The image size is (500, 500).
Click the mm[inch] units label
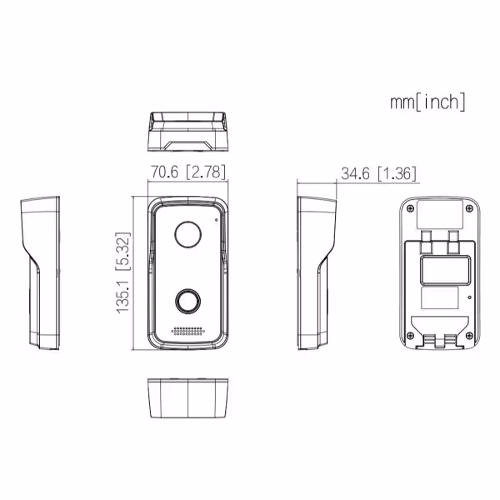pyautogui.click(x=427, y=102)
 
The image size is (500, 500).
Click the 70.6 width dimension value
pyautogui.click(x=164, y=172)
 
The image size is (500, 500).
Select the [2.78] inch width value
pyautogui.click(x=206, y=172)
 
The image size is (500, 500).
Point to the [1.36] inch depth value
pyautogui.click(x=397, y=174)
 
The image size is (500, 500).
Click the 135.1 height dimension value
pyautogui.click(x=123, y=297)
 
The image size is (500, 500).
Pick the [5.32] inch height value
pyautogui.click(x=123, y=252)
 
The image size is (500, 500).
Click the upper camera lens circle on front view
pyautogui.click(x=187, y=234)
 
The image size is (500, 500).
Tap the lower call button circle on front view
pyautogui.click(x=187, y=302)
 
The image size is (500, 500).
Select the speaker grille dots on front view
pyautogui.click(x=187, y=331)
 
